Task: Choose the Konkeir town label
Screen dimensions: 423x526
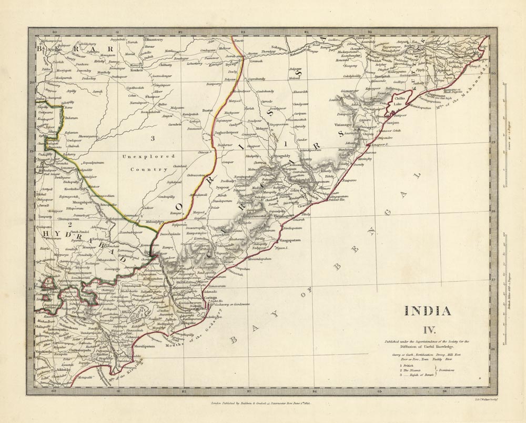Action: click(x=136, y=69)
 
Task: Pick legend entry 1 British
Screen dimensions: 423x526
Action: click(x=408, y=365)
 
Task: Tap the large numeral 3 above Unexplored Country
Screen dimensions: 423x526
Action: click(x=138, y=138)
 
